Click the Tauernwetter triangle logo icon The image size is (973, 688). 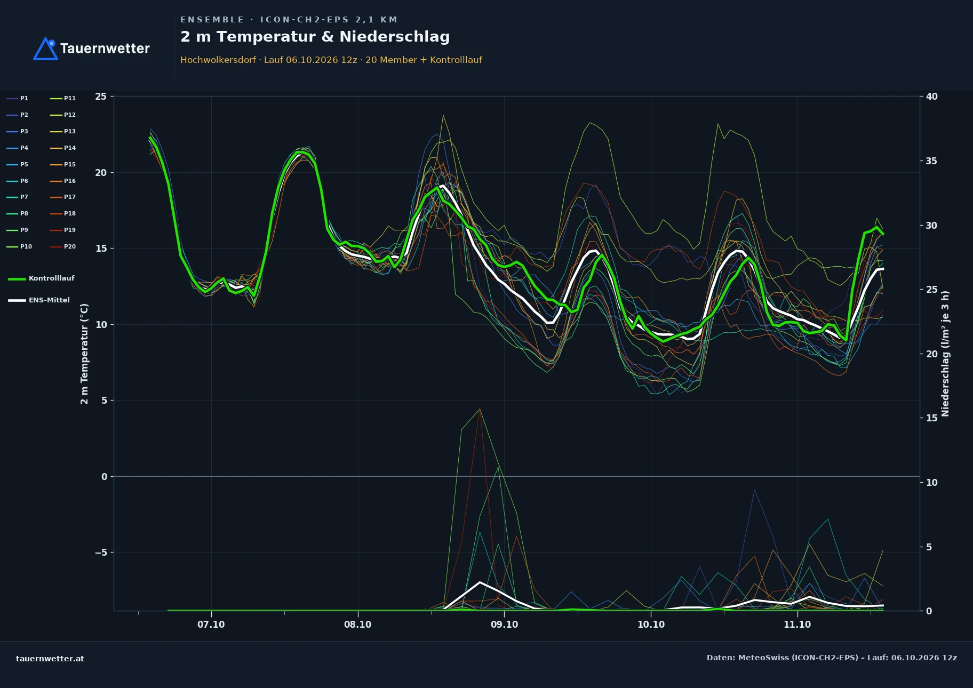(45, 49)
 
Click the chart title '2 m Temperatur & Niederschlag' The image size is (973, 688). (315, 37)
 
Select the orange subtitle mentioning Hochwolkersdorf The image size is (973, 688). (331, 60)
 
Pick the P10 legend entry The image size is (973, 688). (19, 246)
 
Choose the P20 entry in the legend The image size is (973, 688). (63, 246)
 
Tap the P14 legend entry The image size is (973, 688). (63, 148)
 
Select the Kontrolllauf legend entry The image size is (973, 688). (41, 278)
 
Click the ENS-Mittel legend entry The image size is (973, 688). (39, 300)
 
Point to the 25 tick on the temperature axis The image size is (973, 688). (101, 97)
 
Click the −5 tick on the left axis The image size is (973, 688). (101, 553)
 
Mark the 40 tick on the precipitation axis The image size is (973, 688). (931, 97)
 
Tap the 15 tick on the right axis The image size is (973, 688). (931, 418)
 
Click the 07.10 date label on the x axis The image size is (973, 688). (211, 625)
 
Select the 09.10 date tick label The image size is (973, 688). (504, 625)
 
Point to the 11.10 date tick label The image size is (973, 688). (797, 625)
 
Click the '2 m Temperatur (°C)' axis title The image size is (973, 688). (84, 354)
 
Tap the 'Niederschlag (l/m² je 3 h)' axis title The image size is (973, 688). (945, 354)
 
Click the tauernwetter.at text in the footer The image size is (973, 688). (50, 659)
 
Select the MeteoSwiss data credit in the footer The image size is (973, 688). (832, 658)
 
